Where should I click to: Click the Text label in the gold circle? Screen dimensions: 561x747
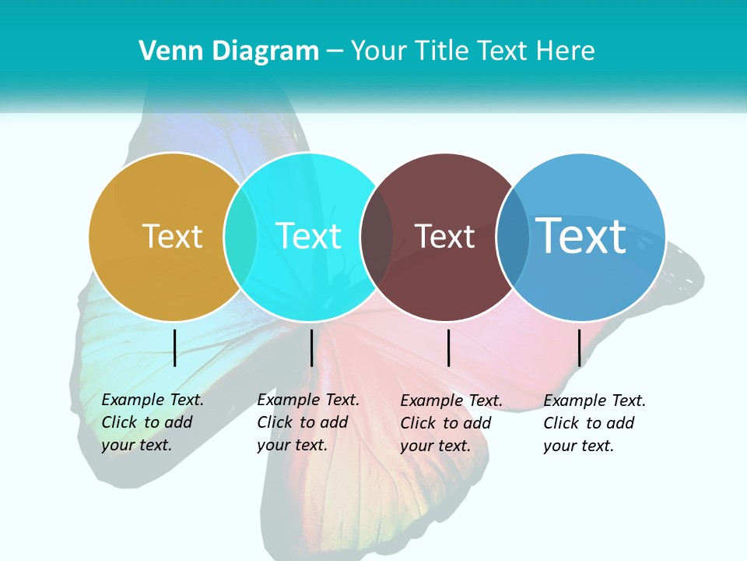point(172,236)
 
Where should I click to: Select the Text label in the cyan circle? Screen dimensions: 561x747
point(309,236)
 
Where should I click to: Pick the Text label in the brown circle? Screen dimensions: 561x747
point(444,237)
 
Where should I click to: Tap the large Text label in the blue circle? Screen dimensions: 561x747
point(581,235)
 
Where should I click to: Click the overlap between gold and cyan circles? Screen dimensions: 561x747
point(240,237)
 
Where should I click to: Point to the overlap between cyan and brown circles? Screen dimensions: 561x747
point(377,237)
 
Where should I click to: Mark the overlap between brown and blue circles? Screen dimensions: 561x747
point(513,237)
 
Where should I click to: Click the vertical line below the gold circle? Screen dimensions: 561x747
point(175,348)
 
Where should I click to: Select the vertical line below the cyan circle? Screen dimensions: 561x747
point(311,348)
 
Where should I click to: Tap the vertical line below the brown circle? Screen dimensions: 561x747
point(449,348)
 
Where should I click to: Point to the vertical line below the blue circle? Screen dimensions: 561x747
point(580,348)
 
